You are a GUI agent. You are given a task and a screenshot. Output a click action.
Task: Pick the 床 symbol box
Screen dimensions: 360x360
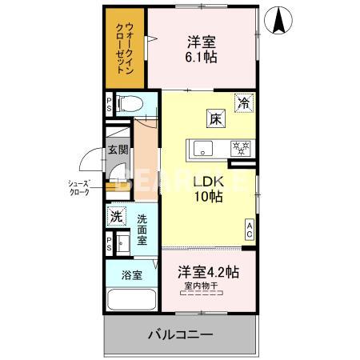click(215, 119)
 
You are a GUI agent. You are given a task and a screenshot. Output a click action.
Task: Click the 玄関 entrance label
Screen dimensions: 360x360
click(117, 150)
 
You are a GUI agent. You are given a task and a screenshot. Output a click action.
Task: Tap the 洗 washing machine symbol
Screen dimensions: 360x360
click(117, 215)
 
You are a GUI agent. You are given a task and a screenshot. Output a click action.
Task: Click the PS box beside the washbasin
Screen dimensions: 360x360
click(109, 245)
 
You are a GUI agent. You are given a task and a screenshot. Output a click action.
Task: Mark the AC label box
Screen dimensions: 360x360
click(249, 230)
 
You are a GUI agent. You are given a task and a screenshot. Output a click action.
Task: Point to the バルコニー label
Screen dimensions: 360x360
click(179, 334)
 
